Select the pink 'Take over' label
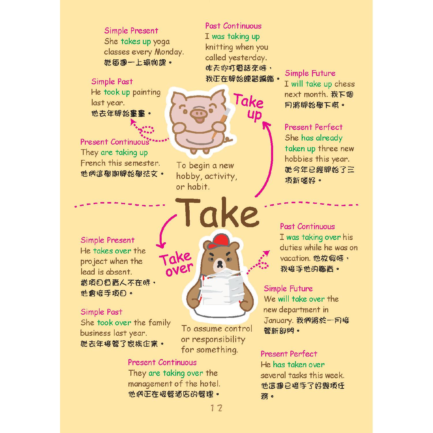176,264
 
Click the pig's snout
199,112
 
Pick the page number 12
216,408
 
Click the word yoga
161,42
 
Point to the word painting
146,93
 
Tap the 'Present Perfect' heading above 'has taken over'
289,354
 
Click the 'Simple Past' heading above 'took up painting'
112,81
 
